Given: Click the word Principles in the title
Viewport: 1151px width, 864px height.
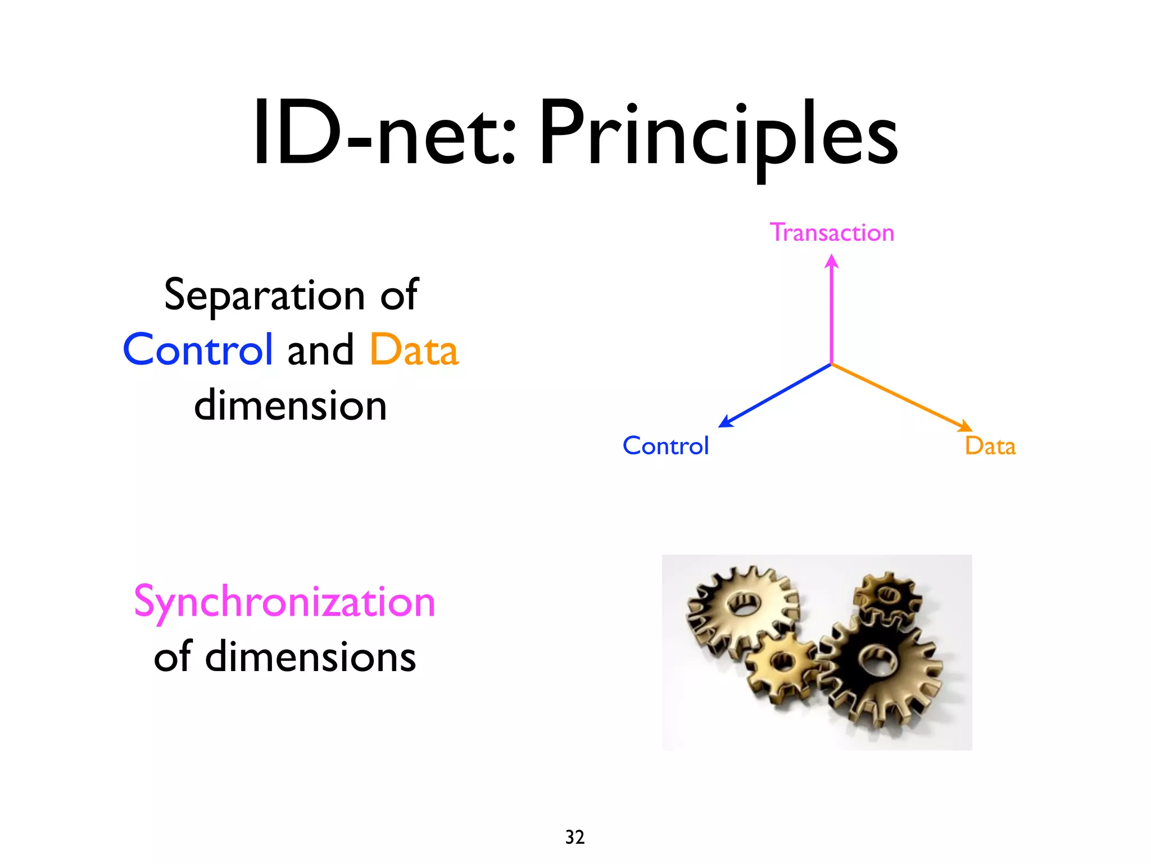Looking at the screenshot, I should (x=718, y=135).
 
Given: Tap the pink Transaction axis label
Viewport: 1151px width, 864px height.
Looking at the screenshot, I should (x=832, y=232).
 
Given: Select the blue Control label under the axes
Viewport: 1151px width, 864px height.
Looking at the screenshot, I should (x=665, y=446).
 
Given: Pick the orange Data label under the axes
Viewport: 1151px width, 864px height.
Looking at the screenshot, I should (x=990, y=446).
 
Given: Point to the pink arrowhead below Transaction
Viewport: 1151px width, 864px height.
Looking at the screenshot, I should (x=832, y=262).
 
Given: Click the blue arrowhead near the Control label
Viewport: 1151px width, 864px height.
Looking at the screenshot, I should (x=726, y=421).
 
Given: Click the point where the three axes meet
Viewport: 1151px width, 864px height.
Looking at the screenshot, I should (x=832, y=364).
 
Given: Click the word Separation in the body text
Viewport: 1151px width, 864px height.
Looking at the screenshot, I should (x=265, y=295).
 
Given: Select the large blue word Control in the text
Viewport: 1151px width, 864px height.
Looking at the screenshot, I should (x=198, y=350).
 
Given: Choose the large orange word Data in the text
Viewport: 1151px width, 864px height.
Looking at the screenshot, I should (x=414, y=350).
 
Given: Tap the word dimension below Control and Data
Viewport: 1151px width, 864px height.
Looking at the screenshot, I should (x=291, y=405).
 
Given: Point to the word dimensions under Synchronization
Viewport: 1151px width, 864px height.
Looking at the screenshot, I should (x=310, y=657).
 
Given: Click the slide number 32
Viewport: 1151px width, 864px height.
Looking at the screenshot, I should (x=575, y=837).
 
